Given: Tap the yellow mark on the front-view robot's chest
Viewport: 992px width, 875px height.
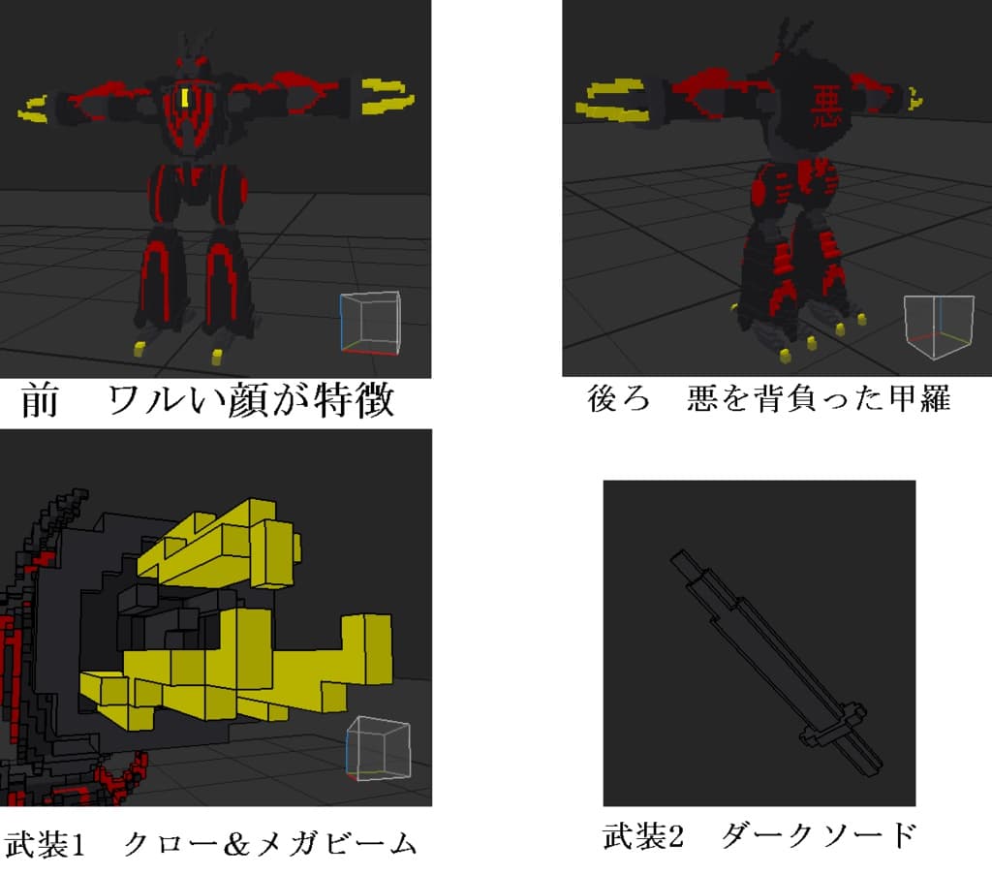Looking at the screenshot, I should click(x=185, y=98).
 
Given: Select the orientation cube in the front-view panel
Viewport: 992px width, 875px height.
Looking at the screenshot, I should click(x=370, y=323).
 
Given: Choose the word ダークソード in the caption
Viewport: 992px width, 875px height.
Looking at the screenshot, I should click(x=820, y=835).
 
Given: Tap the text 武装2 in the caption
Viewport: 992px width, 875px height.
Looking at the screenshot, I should click(x=643, y=835).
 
